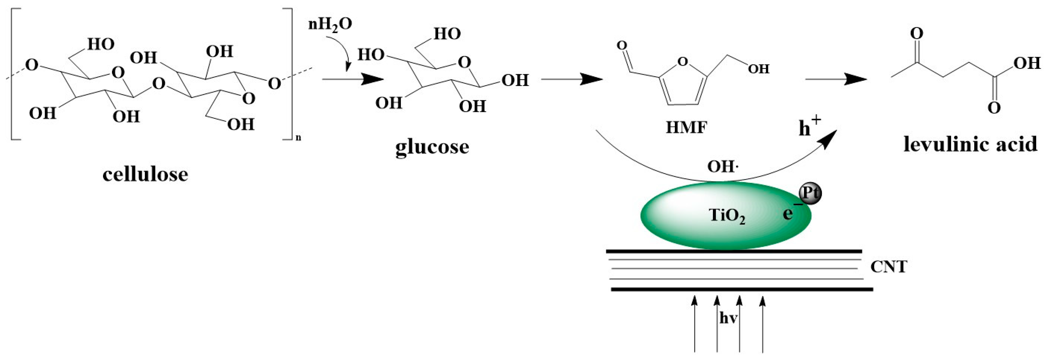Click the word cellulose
(x=145, y=175)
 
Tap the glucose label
(x=432, y=147)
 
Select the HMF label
(x=686, y=127)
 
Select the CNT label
(x=889, y=267)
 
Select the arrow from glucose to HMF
(x=571, y=79)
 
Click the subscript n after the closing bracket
(x=299, y=138)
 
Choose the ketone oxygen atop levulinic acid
(x=916, y=33)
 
